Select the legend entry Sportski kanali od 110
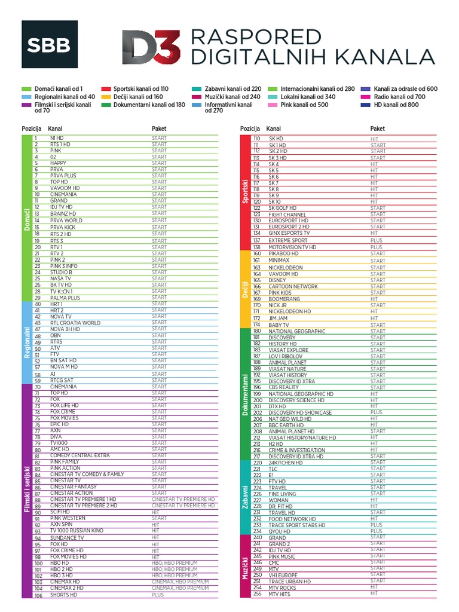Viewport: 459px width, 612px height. [x=136, y=88]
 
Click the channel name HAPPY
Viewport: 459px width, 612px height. [x=58, y=163]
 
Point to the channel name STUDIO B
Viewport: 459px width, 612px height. [x=61, y=272]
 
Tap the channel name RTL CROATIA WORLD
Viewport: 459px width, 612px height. [x=75, y=323]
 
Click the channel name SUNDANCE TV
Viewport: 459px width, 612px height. [x=67, y=538]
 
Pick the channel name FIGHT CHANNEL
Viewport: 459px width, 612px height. [x=287, y=215]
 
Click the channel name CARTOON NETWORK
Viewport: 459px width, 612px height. [x=293, y=287]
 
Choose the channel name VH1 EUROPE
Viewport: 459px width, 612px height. [x=283, y=575]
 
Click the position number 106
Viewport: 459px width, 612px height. [x=39, y=595]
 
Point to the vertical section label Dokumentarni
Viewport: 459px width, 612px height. [x=245, y=396]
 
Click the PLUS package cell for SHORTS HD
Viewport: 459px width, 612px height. [x=158, y=595]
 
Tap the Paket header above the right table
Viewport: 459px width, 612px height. [x=378, y=128]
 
